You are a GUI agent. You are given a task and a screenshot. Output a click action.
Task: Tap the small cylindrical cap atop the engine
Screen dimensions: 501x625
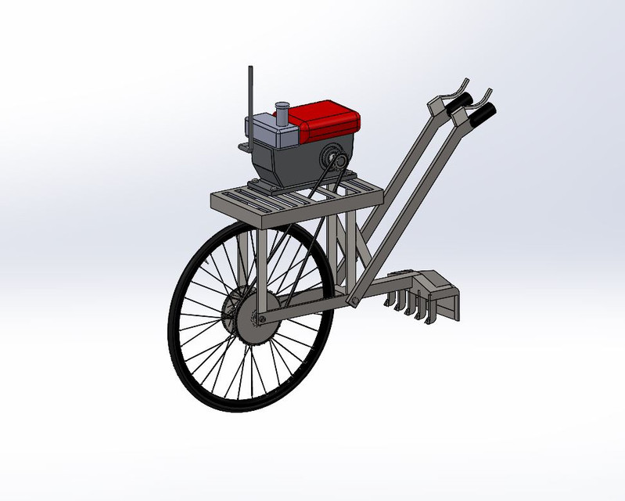coord(282,114)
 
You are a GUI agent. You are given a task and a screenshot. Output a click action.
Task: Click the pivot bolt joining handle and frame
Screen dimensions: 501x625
coord(354,300)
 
